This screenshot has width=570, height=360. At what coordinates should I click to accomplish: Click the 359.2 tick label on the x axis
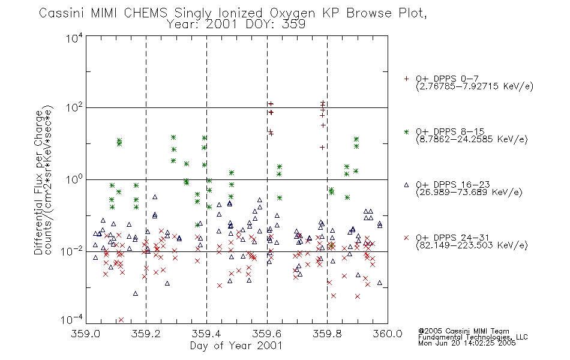pyautogui.click(x=146, y=334)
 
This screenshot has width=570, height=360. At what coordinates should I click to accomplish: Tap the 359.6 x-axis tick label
pyautogui.click(x=267, y=334)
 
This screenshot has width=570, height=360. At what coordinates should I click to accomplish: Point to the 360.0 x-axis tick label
pyautogui.click(x=388, y=334)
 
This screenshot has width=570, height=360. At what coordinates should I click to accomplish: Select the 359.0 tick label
pyautogui.click(x=85, y=334)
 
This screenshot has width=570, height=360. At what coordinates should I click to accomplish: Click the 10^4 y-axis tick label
pyautogui.click(x=74, y=38)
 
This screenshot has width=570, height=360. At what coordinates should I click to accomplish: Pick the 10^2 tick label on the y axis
pyautogui.click(x=74, y=108)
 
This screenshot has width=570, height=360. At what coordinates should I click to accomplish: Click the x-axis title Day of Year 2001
pyautogui.click(x=236, y=346)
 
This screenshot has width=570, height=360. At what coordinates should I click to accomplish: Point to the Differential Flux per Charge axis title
pyautogui.click(x=38, y=182)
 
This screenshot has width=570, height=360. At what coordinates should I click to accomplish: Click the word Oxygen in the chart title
pyautogui.click(x=292, y=13)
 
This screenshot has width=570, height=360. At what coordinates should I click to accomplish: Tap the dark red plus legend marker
pyautogui.click(x=406, y=79)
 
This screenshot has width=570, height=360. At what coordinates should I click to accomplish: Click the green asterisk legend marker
pyautogui.click(x=406, y=131)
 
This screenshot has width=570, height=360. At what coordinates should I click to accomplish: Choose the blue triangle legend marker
pyautogui.click(x=406, y=185)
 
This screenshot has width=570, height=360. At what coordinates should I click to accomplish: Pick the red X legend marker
pyautogui.click(x=406, y=238)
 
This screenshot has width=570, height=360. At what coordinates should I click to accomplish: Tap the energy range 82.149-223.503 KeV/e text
pyautogui.click(x=472, y=245)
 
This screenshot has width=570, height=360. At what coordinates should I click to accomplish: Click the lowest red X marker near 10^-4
pyautogui.click(x=121, y=320)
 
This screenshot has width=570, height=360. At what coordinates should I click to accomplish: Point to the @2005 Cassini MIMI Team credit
pyautogui.click(x=463, y=331)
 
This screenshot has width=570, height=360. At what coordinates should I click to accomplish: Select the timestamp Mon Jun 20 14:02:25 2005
pyautogui.click(x=467, y=343)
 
